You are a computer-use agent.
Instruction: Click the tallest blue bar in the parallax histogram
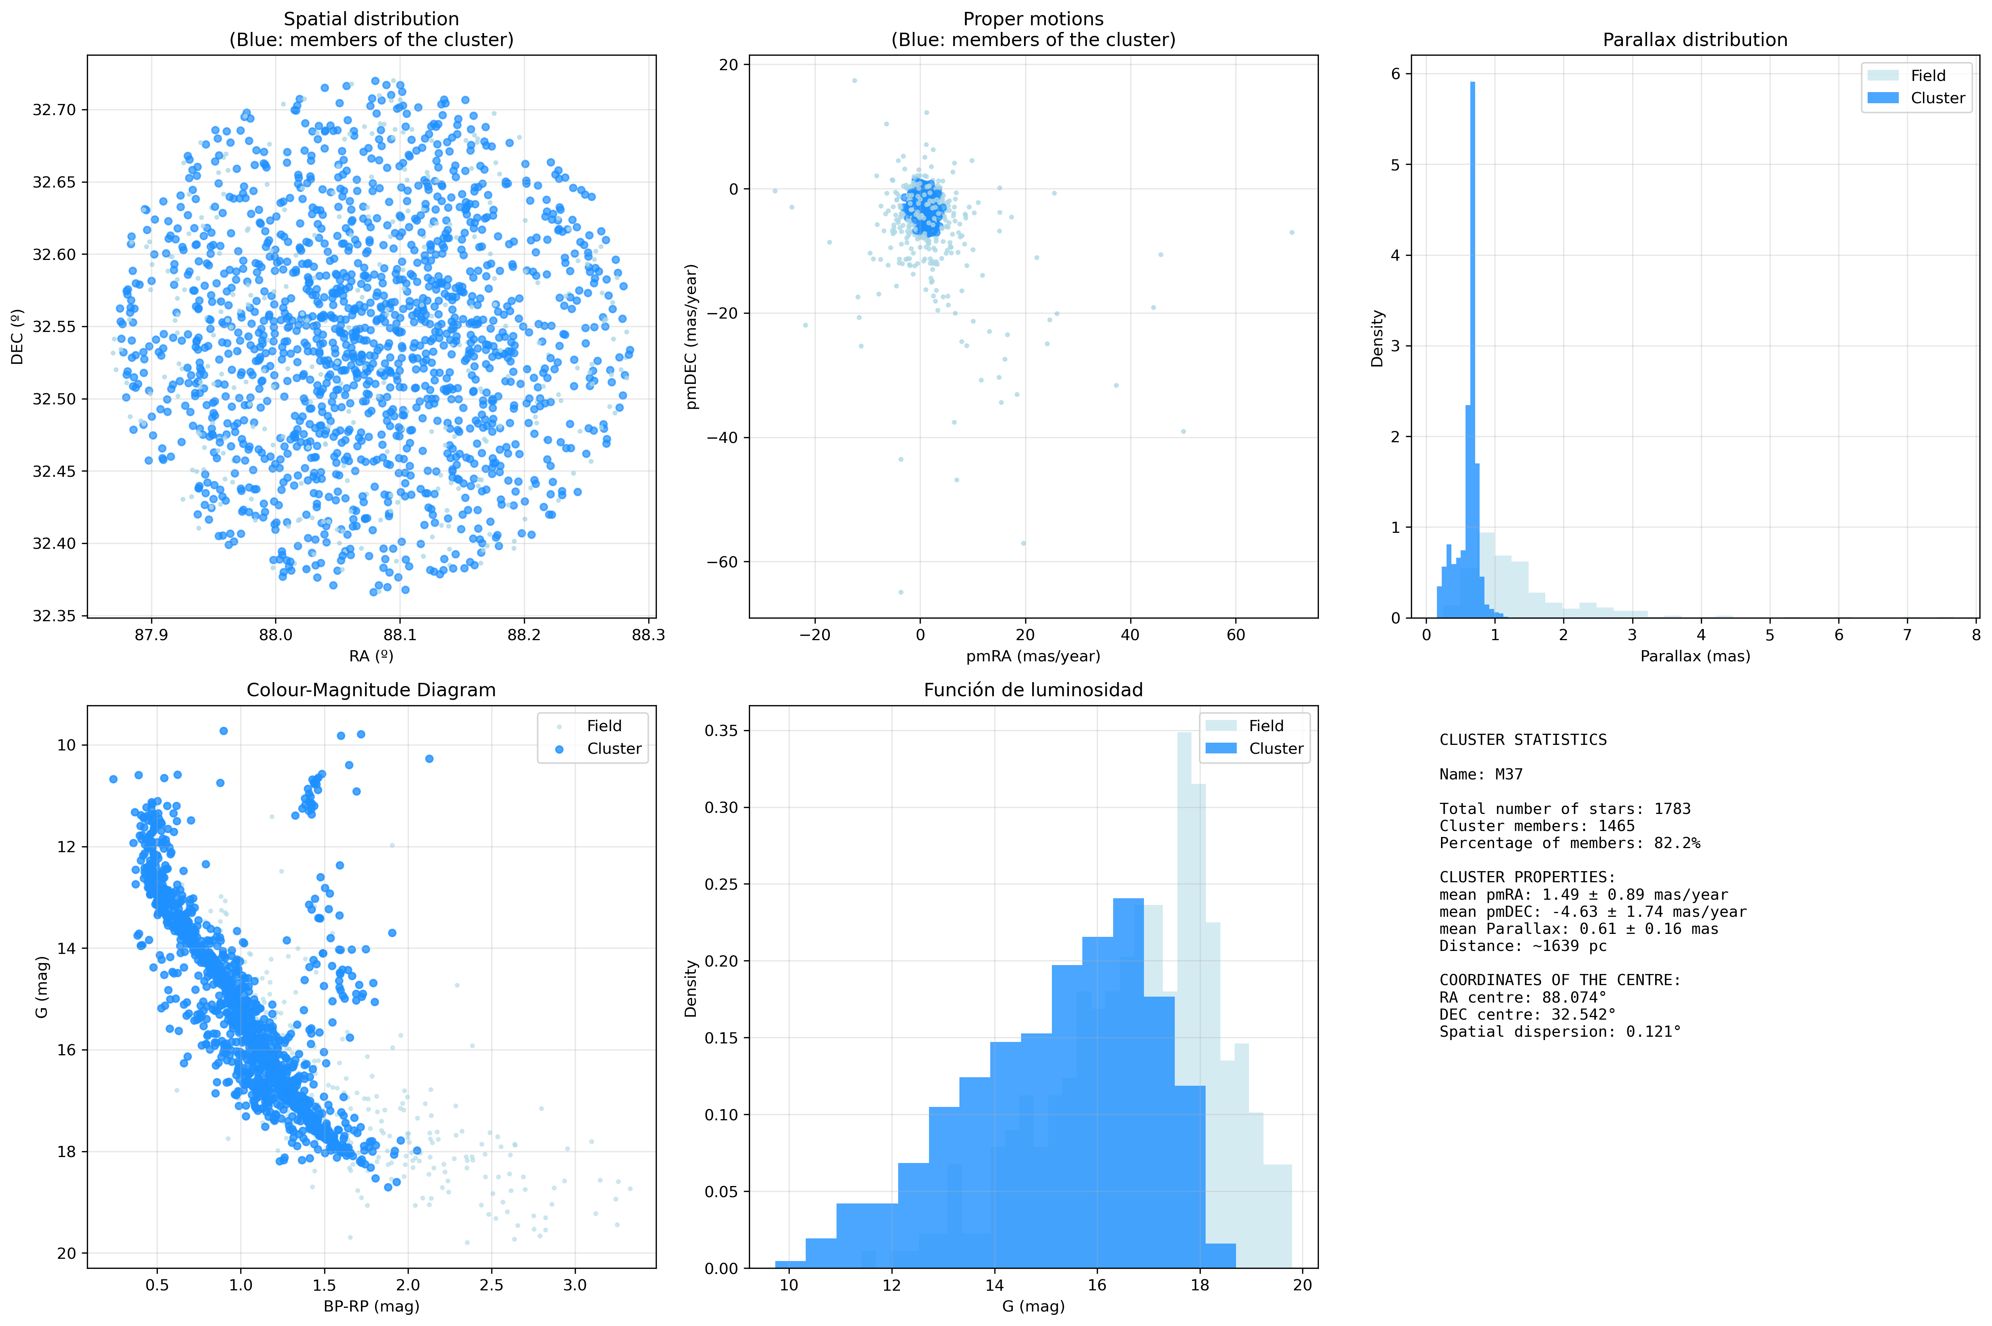coord(1472,338)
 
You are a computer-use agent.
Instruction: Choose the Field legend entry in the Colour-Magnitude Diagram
coord(604,726)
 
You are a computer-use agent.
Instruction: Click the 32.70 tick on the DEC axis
coord(54,110)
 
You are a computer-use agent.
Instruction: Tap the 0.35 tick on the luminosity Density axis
coord(721,731)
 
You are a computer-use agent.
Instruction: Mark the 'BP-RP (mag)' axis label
coord(371,1307)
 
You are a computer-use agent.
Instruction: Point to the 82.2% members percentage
coord(1674,843)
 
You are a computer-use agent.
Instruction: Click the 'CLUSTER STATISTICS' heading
coord(1523,740)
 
